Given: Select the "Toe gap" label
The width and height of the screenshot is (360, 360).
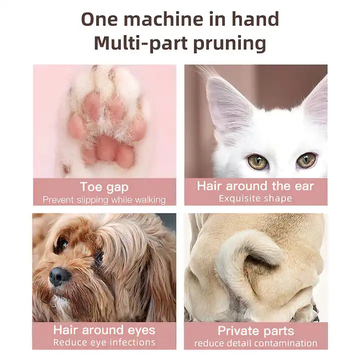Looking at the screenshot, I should [104, 187].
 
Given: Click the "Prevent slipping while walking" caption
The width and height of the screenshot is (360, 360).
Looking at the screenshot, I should [104, 200].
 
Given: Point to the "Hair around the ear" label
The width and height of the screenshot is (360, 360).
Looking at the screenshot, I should [255, 186].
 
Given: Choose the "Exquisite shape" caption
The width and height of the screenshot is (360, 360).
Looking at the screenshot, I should [255, 198].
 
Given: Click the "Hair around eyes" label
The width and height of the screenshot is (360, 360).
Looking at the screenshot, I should [104, 330].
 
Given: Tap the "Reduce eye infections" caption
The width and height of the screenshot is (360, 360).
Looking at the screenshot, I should [104, 342].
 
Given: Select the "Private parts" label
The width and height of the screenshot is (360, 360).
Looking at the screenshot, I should [255, 330].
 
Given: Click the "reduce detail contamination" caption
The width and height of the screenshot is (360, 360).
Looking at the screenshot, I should [255, 343].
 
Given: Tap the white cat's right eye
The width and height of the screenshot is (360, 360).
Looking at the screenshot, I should [306, 160].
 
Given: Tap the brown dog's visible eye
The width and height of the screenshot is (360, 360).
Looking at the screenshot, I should [62, 244].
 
